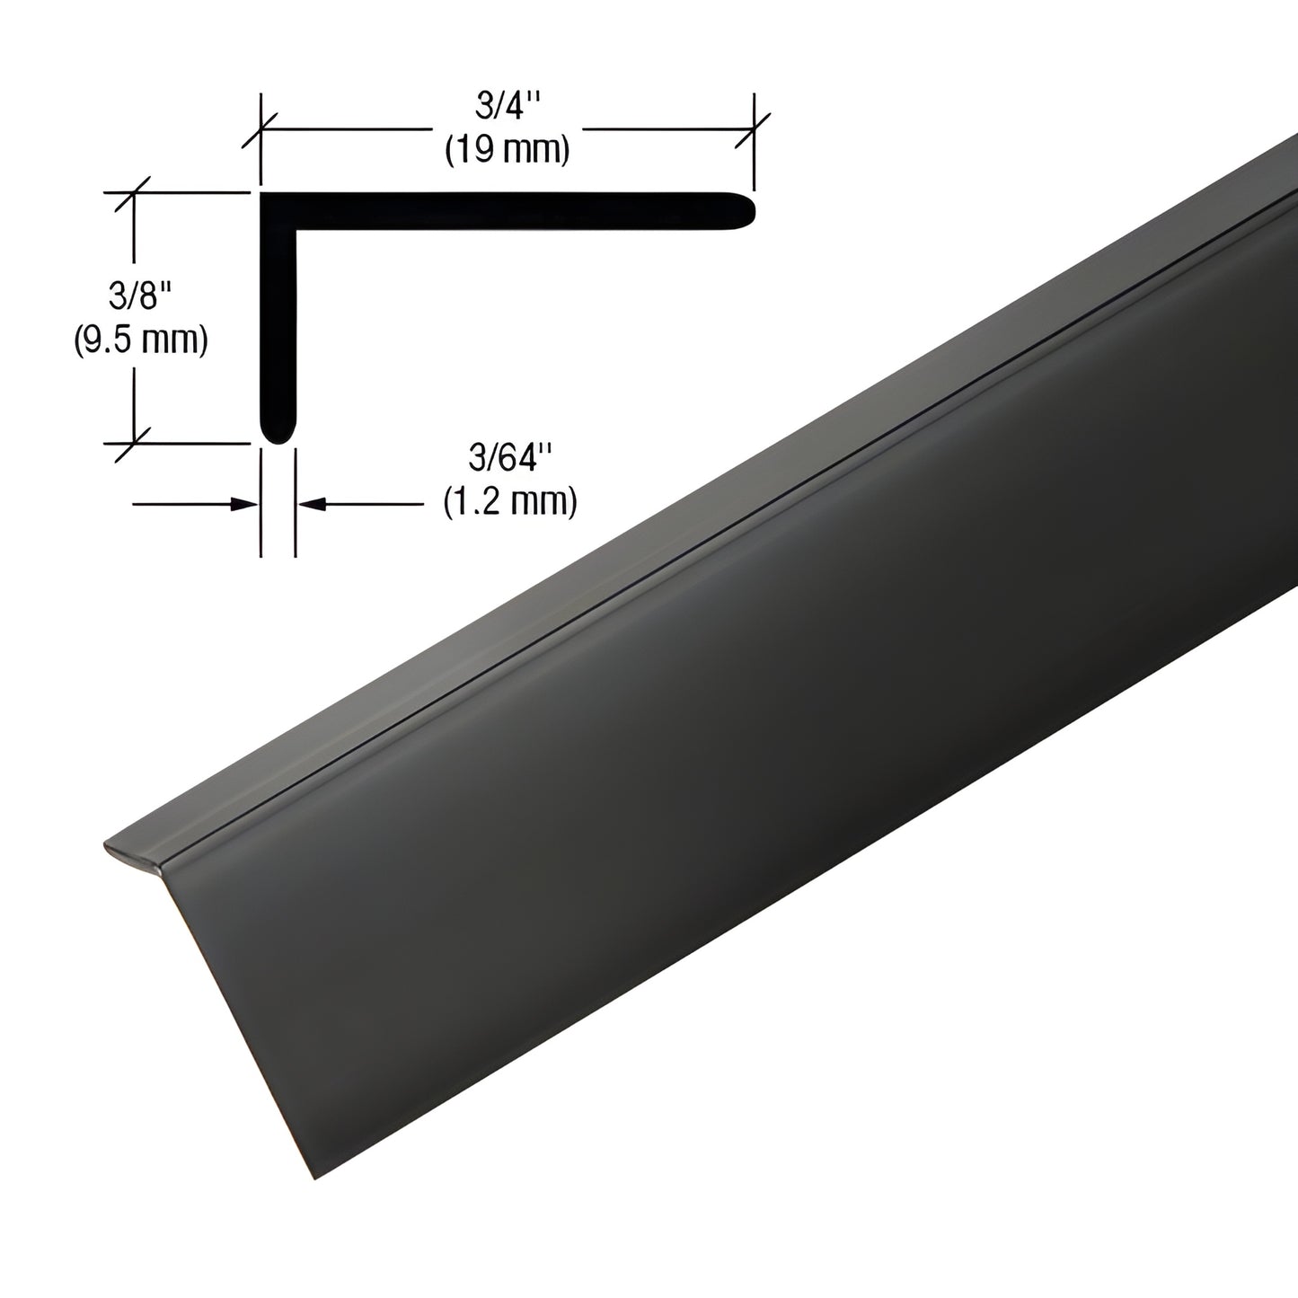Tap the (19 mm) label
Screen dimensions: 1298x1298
tap(508, 150)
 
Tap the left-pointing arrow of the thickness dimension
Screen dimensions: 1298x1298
tap(310, 505)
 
